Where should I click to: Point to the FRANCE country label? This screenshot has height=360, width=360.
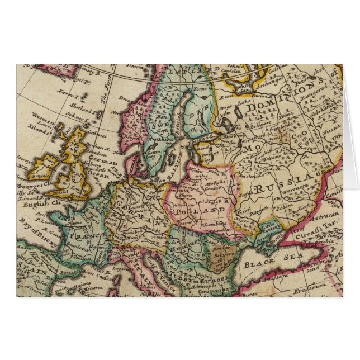pyautogui.click(x=82, y=236)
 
